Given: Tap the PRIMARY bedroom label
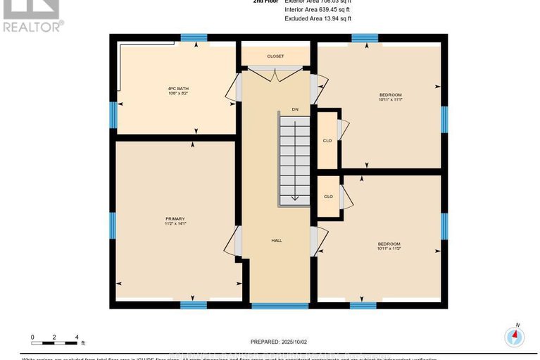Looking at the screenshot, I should point(175,221).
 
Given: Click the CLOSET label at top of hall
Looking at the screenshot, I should point(275,56).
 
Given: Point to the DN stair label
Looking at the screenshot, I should point(296,110).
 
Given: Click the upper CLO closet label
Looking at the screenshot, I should point(327,140).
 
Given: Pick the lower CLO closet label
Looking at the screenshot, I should point(328,197).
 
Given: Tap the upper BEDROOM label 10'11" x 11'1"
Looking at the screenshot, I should point(390,97).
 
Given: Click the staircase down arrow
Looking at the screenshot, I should point(295,197).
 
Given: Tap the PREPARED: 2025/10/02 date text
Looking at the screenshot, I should point(280,341).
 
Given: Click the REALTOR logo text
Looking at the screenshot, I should point(32,27).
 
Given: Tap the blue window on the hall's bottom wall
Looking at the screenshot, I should point(280,305).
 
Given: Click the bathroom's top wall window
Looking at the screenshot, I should point(194,37).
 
